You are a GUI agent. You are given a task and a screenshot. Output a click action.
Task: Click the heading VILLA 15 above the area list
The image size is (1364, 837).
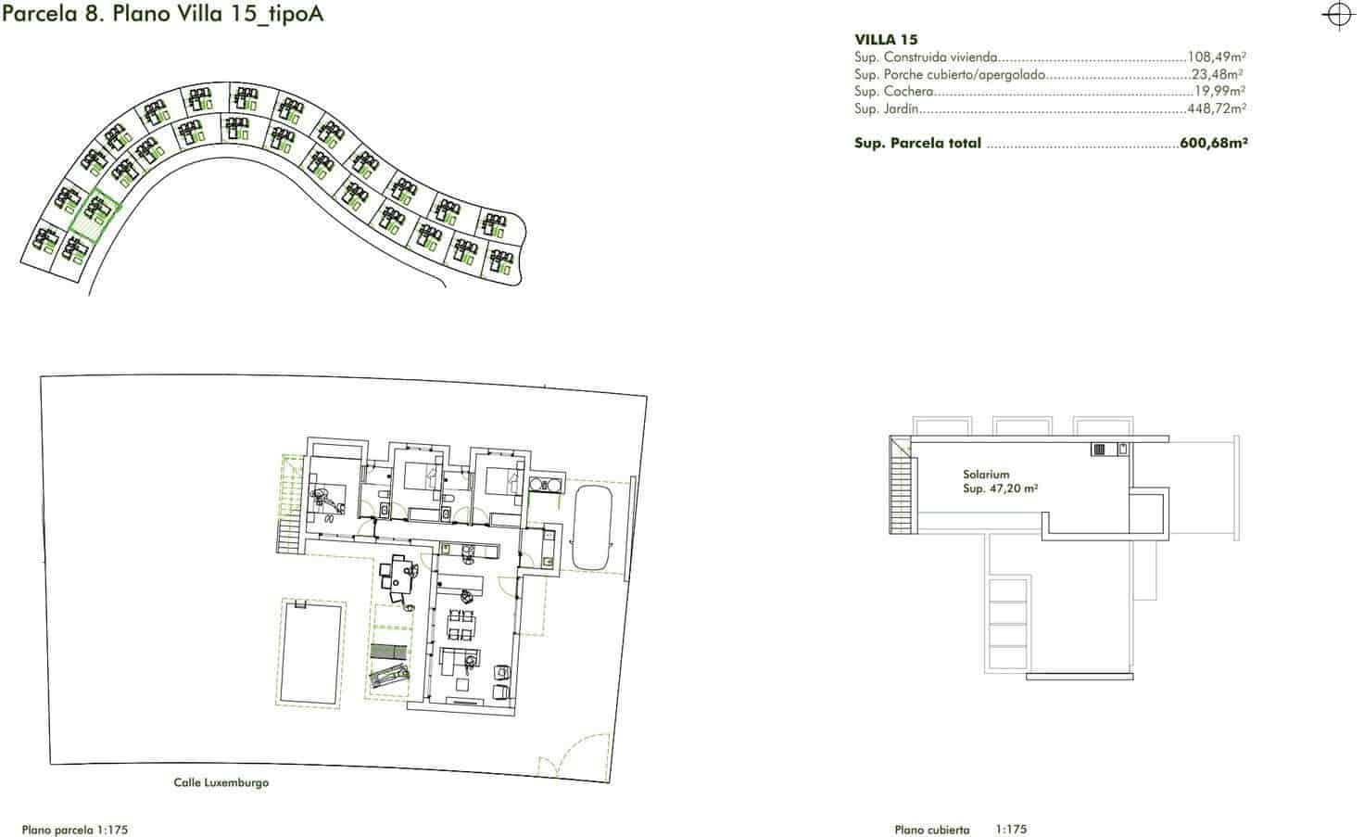[886, 40]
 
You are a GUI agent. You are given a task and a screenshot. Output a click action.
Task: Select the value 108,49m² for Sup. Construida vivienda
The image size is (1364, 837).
[1217, 57]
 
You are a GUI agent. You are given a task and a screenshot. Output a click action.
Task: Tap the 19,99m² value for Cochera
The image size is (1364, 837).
[1219, 92]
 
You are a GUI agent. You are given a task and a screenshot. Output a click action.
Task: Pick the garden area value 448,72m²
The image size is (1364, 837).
[1216, 108]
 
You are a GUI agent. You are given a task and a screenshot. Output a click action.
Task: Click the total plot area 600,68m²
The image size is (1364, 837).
[1214, 144]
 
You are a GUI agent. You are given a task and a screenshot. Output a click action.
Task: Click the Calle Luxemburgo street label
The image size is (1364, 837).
[221, 782]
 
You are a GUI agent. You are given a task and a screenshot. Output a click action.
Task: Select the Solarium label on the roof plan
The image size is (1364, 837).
[986, 474]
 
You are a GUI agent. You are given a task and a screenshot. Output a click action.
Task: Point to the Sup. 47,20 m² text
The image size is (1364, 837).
[1000, 488]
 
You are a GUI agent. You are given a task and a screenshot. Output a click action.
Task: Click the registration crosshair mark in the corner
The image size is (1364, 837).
[1338, 16]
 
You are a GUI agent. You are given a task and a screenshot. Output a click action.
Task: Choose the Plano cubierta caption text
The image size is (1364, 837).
[932, 830]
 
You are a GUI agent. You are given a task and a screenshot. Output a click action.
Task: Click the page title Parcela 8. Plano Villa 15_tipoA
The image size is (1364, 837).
[163, 16]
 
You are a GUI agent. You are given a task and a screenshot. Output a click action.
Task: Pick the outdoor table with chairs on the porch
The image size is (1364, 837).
[401, 576]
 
